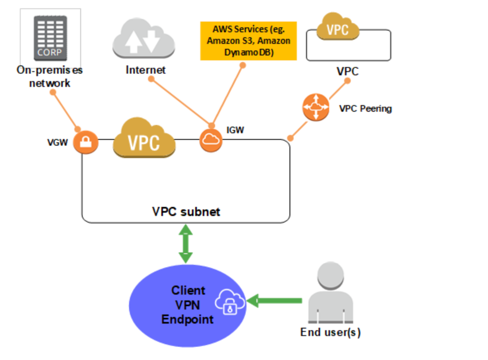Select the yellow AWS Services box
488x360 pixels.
tap(249, 41)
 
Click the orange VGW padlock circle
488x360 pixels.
tap(86, 143)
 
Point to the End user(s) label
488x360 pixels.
tap(330, 332)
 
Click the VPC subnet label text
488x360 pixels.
tap(186, 211)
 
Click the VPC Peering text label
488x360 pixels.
tap(365, 109)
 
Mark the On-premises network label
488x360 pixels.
tap(50, 76)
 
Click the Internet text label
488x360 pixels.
tap(146, 70)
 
